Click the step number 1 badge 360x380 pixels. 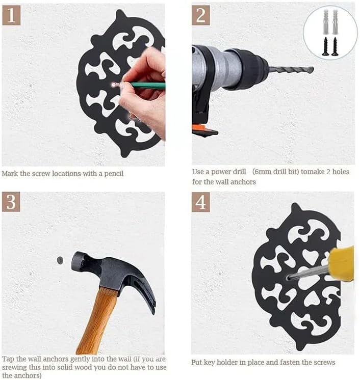pos(11,15)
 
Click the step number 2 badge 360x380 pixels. pos(200,15)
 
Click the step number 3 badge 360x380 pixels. pos(11,202)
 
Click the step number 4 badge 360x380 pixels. pos(200,202)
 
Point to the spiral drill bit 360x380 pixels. pos(291,70)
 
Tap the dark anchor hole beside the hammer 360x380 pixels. pos(60,260)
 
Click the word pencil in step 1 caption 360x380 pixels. pos(114,174)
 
